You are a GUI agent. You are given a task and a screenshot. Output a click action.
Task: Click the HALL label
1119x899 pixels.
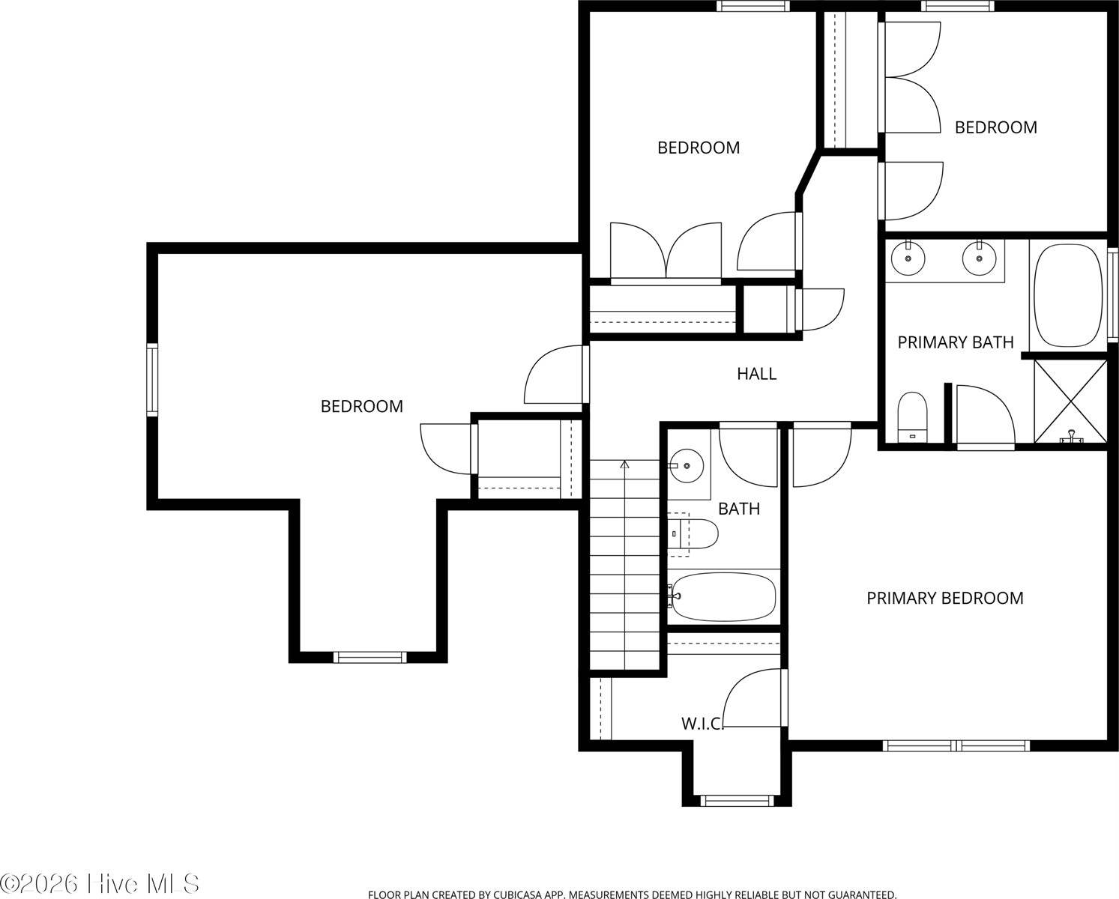[x=756, y=373]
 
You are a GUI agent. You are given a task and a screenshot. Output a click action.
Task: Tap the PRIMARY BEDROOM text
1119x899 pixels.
[x=944, y=598]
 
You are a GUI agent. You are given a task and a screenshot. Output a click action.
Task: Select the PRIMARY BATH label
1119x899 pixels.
[x=955, y=342]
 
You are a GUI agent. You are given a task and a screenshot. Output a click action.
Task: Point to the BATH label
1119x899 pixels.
[x=738, y=509]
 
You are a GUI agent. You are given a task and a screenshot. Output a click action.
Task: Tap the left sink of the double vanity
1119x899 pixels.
[x=908, y=258]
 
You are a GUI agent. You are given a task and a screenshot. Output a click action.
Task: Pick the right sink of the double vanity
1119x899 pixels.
[x=977, y=258]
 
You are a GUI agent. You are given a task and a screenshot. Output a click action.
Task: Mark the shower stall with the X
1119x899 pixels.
[x=1070, y=402]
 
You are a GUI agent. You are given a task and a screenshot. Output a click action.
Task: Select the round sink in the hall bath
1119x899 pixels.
[x=686, y=466]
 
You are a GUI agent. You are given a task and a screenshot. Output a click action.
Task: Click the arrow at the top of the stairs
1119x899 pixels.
[x=624, y=465]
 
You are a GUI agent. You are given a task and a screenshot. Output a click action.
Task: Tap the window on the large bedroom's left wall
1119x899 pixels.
[x=152, y=379]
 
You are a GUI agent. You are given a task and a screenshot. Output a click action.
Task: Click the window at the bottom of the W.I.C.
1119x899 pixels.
[x=736, y=801]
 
